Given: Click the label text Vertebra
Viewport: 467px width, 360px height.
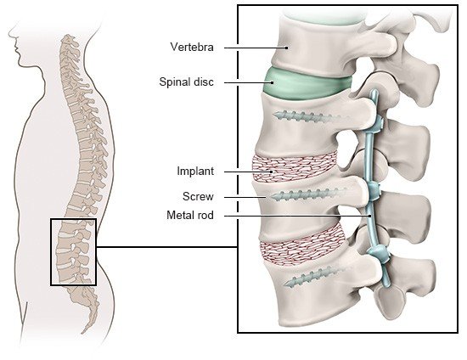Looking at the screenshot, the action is coord(192,47).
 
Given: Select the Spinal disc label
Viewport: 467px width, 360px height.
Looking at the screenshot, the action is coord(187,82).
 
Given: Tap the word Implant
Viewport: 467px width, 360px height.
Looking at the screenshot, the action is coord(195,172).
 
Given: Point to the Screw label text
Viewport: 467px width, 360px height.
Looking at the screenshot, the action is coord(198,196).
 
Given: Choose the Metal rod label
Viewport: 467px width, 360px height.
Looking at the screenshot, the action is coord(190,215).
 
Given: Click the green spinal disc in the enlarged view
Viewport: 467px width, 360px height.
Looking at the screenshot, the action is coord(307,84).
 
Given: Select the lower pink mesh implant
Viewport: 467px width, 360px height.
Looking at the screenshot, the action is coord(302,245).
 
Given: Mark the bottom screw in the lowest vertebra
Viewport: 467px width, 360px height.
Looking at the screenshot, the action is coord(312,276).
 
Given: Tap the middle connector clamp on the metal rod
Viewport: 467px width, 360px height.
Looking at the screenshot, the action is coord(374,191).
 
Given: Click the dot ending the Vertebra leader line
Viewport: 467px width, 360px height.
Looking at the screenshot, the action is coord(287,48).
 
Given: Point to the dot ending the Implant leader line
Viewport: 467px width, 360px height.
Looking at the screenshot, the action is coord(272,172).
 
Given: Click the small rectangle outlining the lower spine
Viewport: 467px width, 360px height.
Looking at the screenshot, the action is coord(51,252).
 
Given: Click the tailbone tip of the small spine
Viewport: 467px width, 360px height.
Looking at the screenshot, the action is coord(82,332).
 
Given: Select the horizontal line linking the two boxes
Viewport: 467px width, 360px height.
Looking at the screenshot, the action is coord(167,247).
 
